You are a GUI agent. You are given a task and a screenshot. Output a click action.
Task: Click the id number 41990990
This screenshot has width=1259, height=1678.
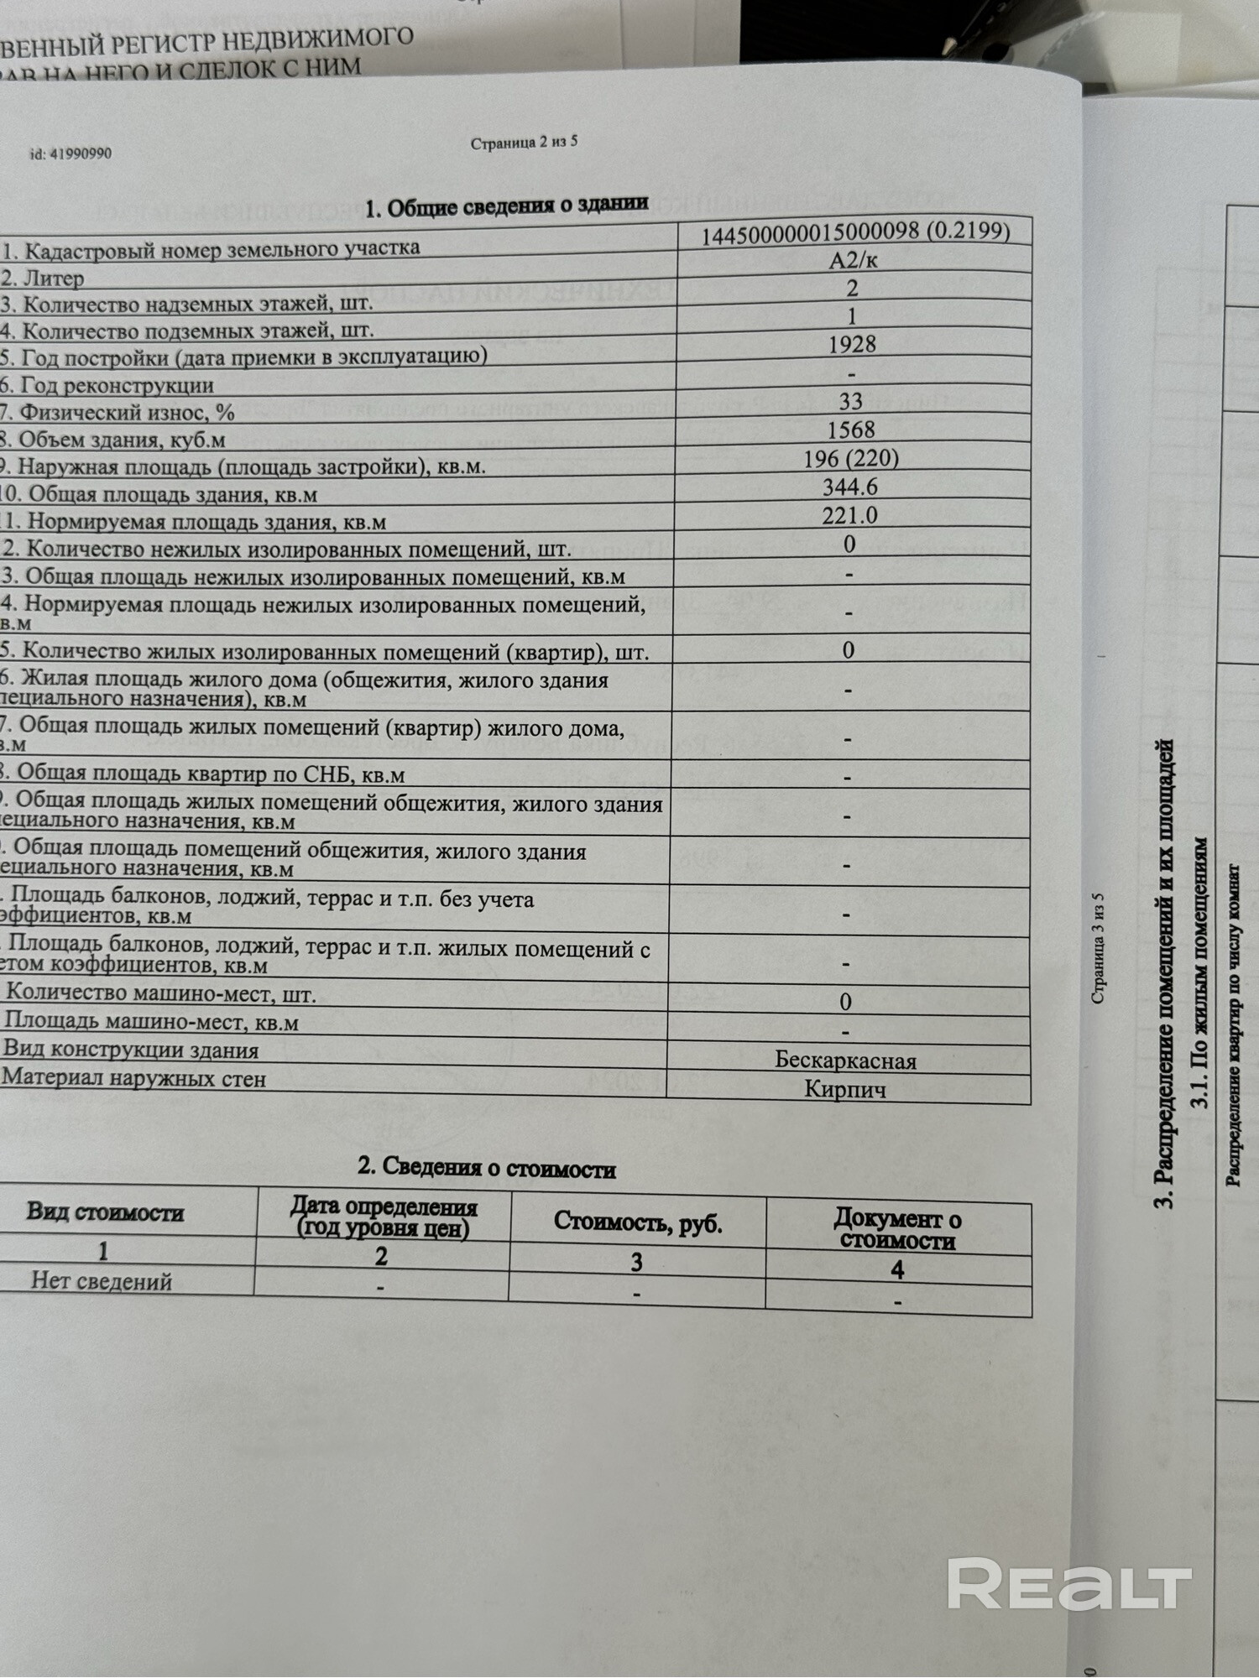[71, 154]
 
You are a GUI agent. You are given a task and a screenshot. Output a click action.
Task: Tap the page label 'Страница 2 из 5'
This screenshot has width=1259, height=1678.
[524, 143]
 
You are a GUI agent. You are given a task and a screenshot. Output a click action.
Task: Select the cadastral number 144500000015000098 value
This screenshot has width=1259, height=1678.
[855, 231]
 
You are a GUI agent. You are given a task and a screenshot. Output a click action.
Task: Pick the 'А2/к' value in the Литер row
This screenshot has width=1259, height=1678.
[854, 260]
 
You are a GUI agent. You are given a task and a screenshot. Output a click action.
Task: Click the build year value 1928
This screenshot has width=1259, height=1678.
[852, 344]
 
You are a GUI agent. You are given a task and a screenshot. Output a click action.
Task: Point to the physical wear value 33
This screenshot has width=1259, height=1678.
[851, 401]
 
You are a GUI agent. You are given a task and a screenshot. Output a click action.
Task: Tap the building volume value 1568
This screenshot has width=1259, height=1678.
[851, 430]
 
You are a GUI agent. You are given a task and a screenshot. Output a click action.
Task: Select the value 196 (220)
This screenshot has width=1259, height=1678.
[851, 458]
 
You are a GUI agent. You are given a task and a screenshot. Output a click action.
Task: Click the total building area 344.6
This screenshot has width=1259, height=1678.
[850, 487]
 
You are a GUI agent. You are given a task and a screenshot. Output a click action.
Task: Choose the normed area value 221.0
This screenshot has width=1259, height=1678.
[849, 514]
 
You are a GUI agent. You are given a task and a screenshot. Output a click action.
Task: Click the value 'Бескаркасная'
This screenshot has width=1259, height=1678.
[845, 1060]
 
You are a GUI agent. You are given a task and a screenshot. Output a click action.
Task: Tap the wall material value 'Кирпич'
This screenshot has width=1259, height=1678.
[845, 1089]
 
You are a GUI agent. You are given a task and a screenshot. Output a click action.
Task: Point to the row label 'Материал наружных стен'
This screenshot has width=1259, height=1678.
[134, 1079]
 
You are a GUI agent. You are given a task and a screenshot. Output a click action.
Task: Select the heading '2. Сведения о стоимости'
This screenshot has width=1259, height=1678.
[487, 1168]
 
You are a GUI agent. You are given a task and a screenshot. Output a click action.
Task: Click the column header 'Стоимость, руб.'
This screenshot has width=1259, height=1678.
[638, 1222]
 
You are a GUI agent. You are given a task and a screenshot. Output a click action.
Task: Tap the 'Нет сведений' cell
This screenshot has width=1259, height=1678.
[102, 1281]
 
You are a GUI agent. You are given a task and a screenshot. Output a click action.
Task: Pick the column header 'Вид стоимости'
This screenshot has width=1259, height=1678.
[105, 1212]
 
